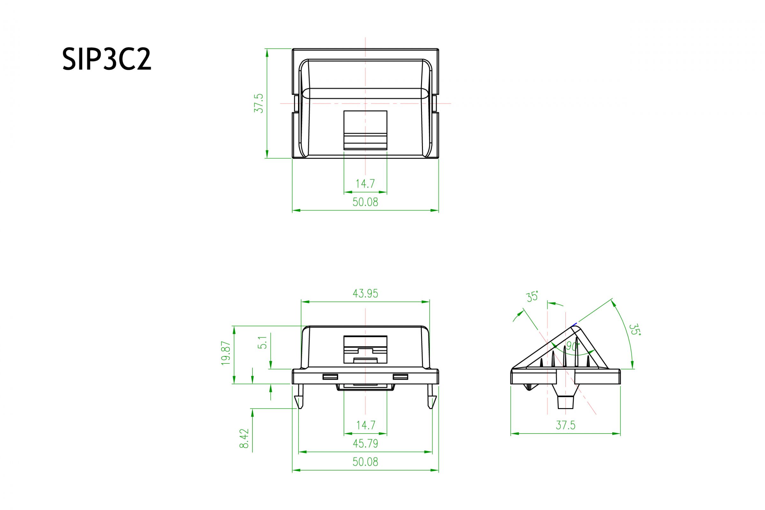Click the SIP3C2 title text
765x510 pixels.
coord(107,59)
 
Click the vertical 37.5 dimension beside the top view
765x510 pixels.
coord(259,103)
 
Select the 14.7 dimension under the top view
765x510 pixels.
coord(365,184)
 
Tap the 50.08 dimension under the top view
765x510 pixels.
coord(365,202)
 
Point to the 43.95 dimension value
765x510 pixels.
coord(365,294)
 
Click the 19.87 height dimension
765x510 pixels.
coord(226,353)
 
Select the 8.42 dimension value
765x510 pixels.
coord(244,438)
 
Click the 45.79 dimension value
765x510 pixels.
coord(365,444)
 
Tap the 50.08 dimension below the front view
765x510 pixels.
coord(365,462)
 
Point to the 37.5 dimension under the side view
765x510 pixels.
coord(565,425)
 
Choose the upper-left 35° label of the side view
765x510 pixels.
coord(532,297)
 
